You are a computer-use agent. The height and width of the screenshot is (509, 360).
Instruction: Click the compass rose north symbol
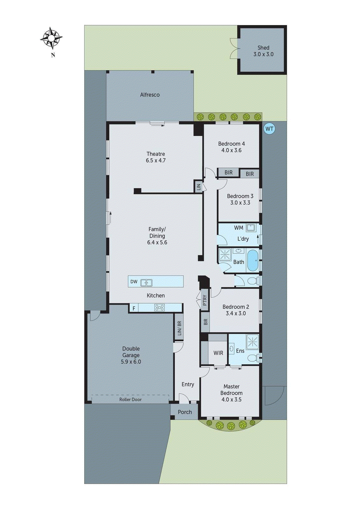point(51,38)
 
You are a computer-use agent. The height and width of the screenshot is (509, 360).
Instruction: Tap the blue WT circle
point(269,129)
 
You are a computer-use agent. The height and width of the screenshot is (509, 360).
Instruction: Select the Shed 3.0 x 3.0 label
point(263,51)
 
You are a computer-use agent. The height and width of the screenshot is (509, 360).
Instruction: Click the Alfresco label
point(150,95)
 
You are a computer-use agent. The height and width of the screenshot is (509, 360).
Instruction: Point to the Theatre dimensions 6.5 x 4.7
point(156,161)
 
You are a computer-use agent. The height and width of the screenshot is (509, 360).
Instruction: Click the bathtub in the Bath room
point(253,260)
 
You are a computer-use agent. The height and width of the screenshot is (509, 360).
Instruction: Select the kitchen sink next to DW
point(146,282)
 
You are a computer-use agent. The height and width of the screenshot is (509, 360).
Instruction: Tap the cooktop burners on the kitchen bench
point(159,308)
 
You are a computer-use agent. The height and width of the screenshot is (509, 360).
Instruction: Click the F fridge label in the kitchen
point(134,308)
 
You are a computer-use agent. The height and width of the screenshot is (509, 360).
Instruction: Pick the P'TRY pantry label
point(205,300)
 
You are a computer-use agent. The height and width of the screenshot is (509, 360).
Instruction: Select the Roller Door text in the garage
point(130,399)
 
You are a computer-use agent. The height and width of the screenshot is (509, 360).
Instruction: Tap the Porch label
point(185,412)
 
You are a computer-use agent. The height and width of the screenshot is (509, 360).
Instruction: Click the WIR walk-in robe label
point(218,353)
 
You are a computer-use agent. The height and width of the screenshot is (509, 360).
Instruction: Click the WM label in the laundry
point(238,228)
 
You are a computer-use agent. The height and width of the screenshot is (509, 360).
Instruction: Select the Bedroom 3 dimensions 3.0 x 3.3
point(240,203)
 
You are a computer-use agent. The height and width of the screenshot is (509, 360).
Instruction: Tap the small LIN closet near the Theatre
point(199,187)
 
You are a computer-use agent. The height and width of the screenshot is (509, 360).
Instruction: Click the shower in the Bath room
point(225,254)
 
